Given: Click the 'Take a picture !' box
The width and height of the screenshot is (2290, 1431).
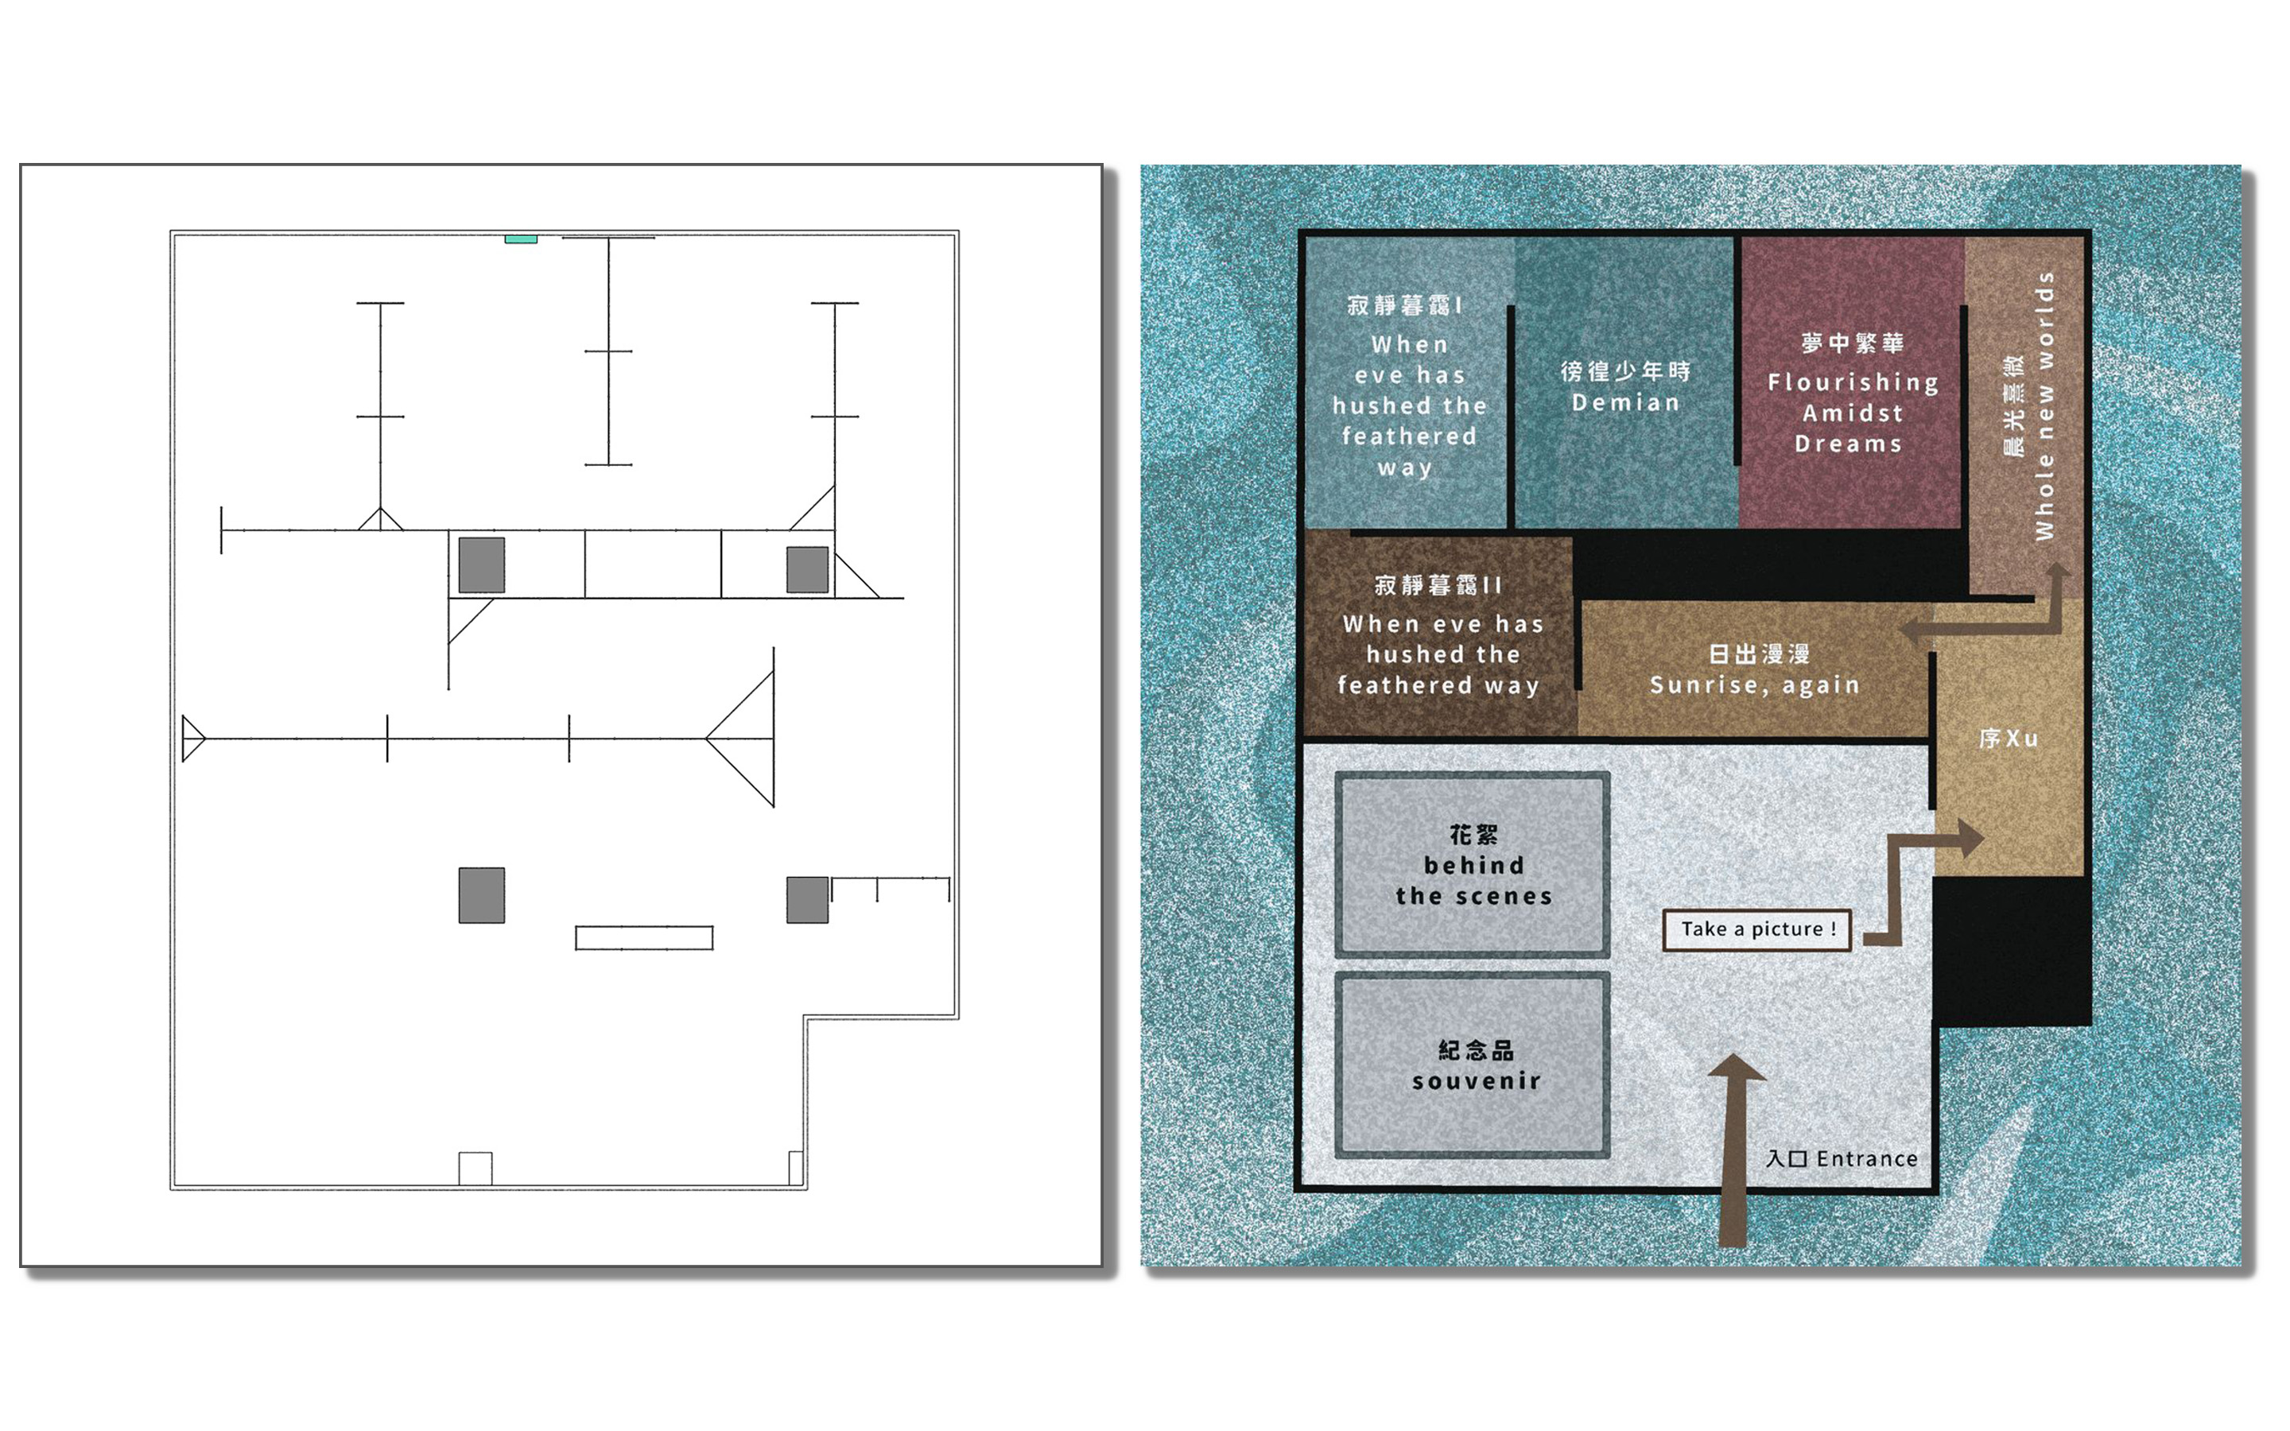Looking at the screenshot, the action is click(x=1757, y=929).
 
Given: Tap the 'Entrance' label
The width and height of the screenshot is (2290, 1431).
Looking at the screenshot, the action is click(x=1866, y=1158).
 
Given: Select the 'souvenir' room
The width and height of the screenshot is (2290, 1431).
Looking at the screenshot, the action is click(x=1473, y=1065).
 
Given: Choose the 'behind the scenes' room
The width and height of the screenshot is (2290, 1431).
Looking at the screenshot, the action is click(x=1473, y=865).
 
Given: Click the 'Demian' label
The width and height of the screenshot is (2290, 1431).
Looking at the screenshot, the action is click(x=1626, y=403).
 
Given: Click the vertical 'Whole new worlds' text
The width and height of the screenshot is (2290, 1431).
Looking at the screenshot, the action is click(x=2045, y=406).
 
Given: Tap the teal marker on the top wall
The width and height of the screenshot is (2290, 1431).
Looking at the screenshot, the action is click(x=521, y=239).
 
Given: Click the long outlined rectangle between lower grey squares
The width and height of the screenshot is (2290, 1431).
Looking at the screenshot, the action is click(x=644, y=938).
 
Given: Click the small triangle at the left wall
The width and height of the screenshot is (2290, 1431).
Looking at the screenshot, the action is click(x=193, y=739).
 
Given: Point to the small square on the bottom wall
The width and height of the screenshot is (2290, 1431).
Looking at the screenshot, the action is click(x=475, y=1168).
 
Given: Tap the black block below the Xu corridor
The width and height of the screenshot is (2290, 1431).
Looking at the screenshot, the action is click(x=2011, y=950).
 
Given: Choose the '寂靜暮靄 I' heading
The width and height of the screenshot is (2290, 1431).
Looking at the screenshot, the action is click(x=1404, y=304).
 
